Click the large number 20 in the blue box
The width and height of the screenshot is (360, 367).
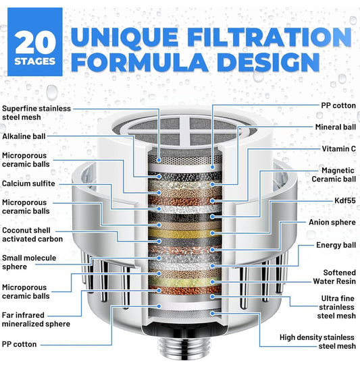click(35, 42)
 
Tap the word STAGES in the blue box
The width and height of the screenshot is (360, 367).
click(35, 61)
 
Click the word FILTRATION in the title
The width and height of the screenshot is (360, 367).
click(269, 36)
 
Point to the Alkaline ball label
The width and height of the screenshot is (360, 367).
click(24, 136)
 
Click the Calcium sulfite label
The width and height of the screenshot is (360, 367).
click(28, 183)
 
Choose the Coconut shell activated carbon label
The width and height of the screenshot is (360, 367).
click(32, 235)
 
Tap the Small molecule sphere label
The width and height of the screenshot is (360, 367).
click(29, 262)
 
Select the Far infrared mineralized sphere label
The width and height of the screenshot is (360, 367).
click(36, 320)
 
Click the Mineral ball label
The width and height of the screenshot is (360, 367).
click(336, 127)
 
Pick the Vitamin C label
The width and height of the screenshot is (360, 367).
click(338, 148)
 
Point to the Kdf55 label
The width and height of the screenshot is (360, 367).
click(345, 200)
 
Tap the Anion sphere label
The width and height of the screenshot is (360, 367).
click(332, 222)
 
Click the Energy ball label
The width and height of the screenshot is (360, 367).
click(336, 245)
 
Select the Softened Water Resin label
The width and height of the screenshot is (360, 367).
click(334, 277)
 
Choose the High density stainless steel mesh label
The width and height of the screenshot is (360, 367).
click(317, 342)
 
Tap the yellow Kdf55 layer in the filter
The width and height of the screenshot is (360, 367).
click(185, 233)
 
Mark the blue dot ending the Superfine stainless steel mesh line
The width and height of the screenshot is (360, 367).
click(159, 160)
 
